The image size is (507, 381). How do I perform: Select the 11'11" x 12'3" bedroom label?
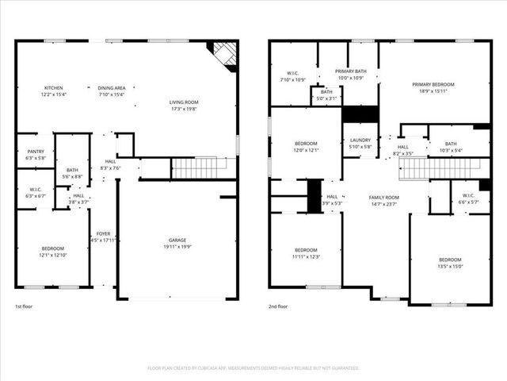[x=306, y=252]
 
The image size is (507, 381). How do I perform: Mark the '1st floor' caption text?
[x=25, y=306]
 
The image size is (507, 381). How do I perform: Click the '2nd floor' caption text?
[x=278, y=306]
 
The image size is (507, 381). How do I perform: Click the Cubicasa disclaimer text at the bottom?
[x=253, y=368]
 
